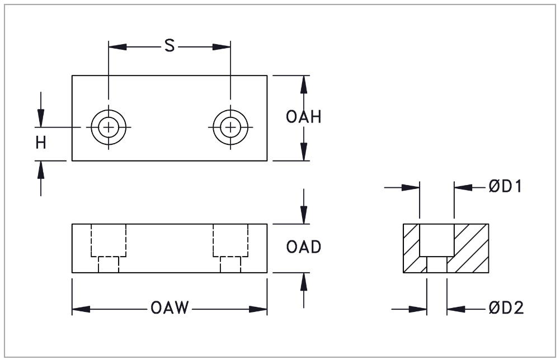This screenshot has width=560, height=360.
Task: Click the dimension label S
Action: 169,46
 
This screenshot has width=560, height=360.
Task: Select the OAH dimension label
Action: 304,117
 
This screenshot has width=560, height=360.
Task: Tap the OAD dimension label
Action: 304,247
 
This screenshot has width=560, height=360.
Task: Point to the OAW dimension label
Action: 169,309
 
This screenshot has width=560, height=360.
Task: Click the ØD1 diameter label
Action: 505,187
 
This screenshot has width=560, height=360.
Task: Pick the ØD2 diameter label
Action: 506,308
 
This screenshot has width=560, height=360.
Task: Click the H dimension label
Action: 41,143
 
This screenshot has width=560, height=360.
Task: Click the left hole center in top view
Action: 109,127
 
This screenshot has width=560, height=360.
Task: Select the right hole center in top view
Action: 230,127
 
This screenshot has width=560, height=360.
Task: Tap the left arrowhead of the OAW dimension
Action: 81,309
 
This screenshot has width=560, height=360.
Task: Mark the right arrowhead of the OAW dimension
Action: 258,309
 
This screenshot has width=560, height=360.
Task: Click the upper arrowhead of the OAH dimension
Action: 303,84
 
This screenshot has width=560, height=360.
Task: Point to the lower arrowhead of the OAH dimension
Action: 303,152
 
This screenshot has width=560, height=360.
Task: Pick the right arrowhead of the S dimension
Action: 222,46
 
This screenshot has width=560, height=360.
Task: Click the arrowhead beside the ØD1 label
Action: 463,188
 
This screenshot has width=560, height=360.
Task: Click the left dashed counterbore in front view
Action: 109,240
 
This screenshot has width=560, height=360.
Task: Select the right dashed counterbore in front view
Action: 230,240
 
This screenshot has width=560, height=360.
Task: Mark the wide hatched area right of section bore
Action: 472,246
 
